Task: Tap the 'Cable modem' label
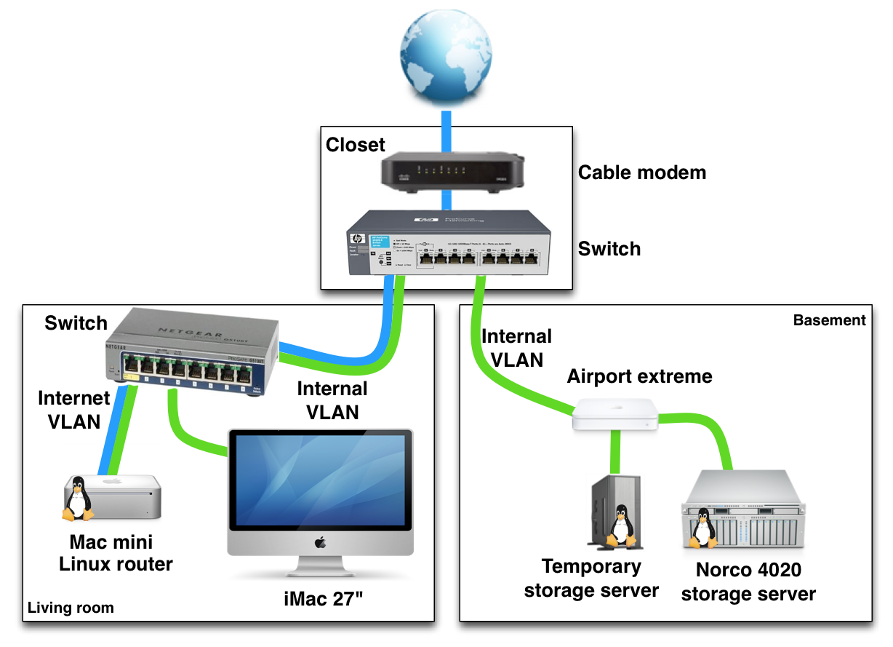tap(641, 172)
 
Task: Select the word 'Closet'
tap(355, 145)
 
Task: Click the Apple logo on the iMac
tap(319, 542)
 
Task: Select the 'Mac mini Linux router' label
tap(116, 552)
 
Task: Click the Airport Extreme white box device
tap(615, 414)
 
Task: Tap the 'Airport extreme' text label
tap(639, 376)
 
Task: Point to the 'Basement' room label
tap(829, 320)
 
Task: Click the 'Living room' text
tap(71, 608)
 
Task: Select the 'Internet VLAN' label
tap(73, 409)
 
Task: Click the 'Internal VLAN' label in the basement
tap(516, 347)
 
